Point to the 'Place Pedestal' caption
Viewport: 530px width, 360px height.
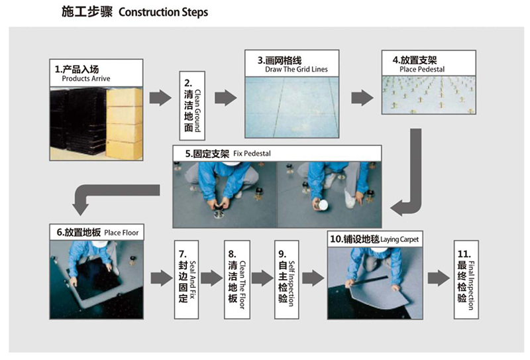pos(422,69)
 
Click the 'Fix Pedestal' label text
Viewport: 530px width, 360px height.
pos(252,153)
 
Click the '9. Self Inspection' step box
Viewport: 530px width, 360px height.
pos(286,277)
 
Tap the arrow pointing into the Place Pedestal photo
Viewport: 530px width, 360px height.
pos(361,97)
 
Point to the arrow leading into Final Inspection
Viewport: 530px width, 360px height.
pos(437,277)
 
